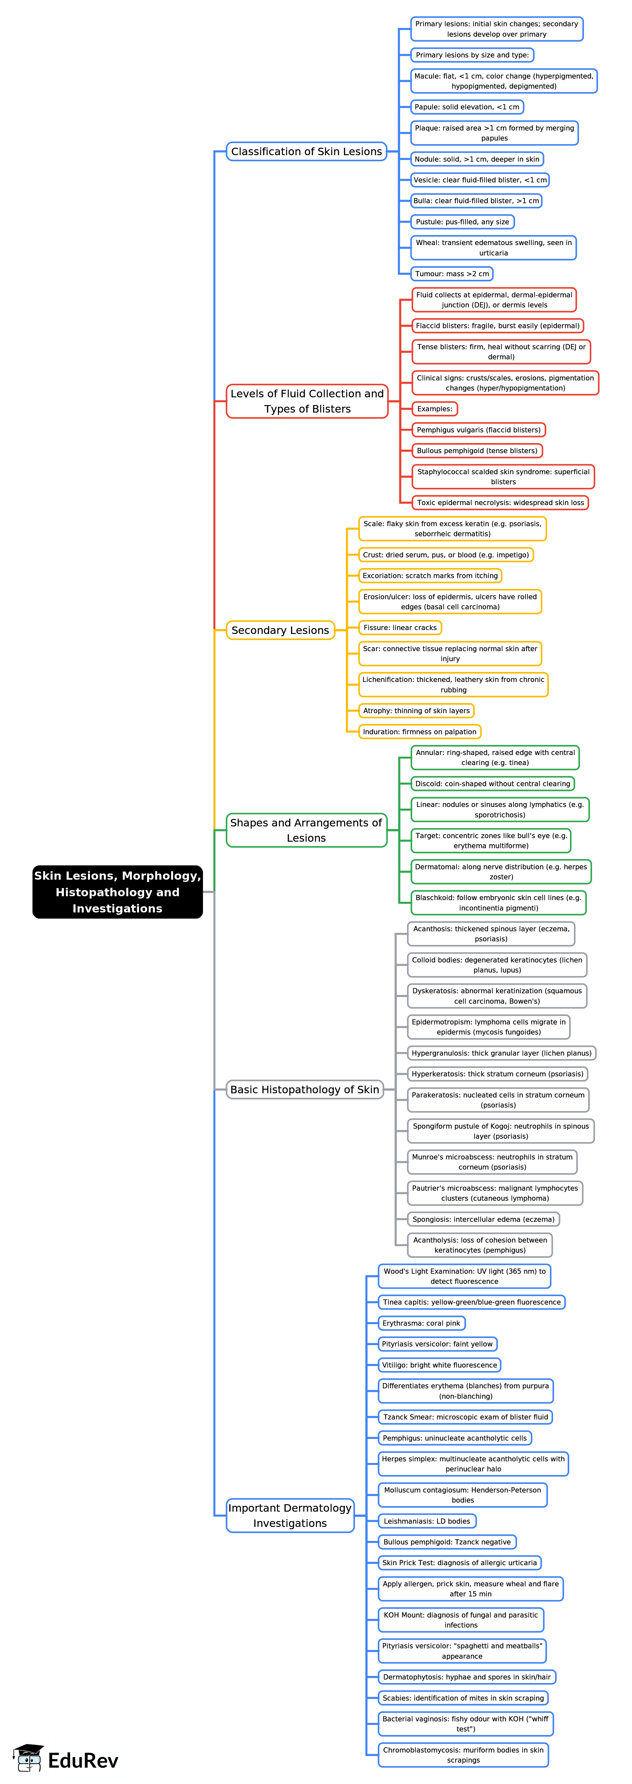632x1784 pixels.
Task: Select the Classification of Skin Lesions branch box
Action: coord(306,152)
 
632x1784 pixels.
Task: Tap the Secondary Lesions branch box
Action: coord(280,630)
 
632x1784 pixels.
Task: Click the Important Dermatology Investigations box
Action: coord(290,1515)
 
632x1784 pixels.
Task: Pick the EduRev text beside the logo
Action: coord(83,1760)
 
